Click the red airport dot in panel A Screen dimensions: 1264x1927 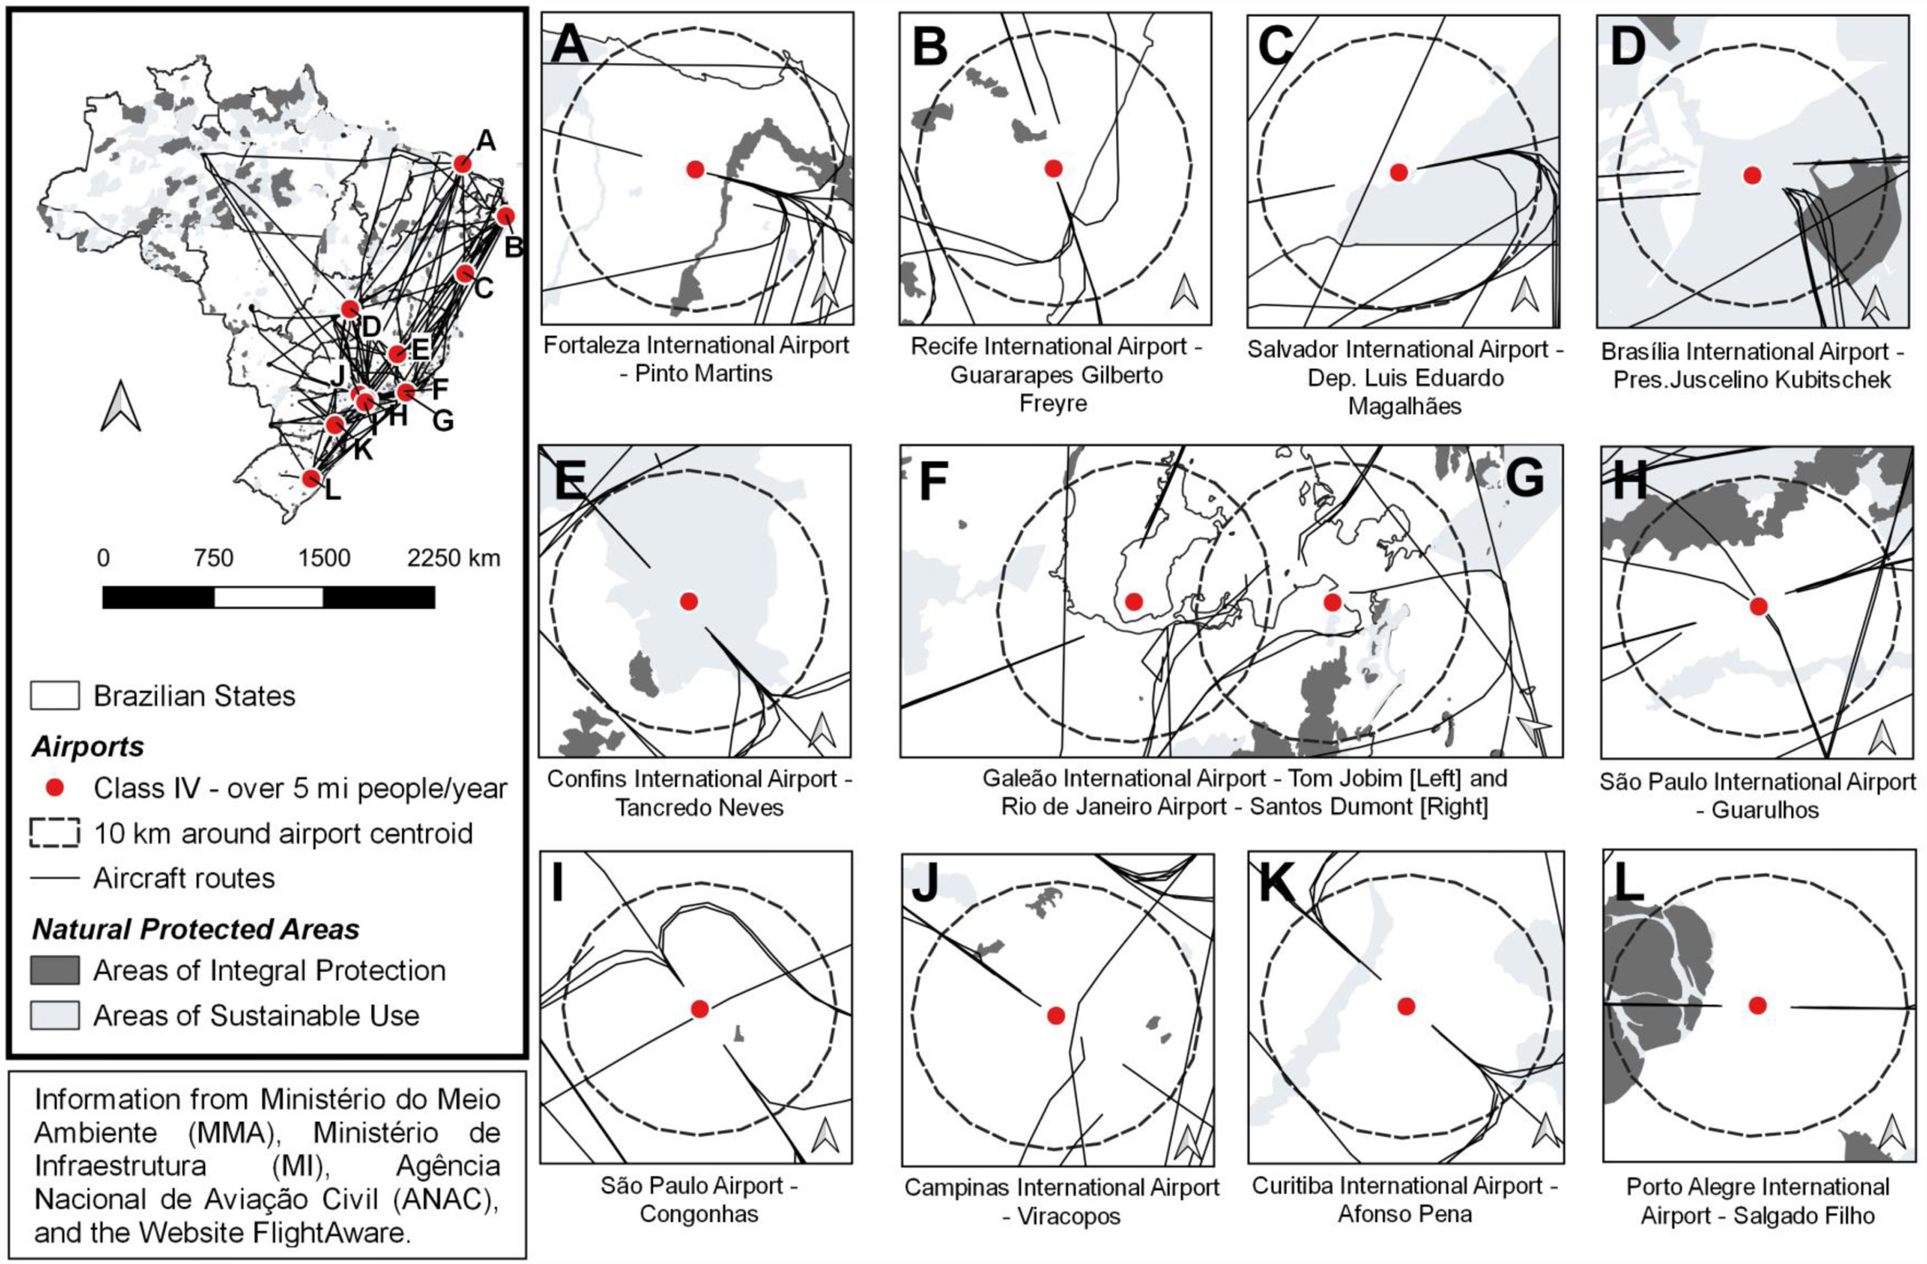click(695, 169)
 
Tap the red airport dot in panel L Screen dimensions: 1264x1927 click(1757, 1005)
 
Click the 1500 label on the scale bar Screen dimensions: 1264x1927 click(323, 559)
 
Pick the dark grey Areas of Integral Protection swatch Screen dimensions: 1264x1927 click(54, 970)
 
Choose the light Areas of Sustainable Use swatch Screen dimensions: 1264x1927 click(54, 1015)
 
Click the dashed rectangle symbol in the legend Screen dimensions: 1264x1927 click(54, 833)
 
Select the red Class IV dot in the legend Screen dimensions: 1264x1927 click(54, 788)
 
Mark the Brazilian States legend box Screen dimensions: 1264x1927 click(54, 696)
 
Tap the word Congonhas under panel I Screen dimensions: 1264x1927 click(699, 1214)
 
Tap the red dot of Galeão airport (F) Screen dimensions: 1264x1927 click(1133, 601)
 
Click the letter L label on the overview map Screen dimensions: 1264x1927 click(332, 491)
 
